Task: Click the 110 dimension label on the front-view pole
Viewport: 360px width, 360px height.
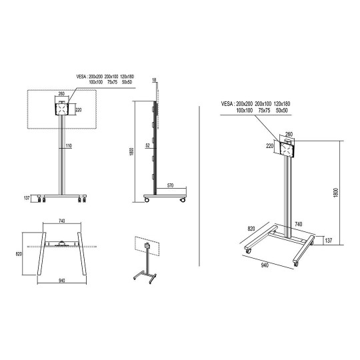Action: (69, 145)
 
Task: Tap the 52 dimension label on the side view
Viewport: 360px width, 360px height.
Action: (147, 145)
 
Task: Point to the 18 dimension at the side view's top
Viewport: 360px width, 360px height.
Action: (154, 80)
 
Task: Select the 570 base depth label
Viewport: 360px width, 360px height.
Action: (170, 185)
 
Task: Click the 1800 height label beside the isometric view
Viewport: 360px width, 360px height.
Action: (335, 193)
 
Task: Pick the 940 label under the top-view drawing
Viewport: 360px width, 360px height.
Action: (62, 280)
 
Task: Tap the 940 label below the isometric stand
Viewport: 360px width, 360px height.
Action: (265, 265)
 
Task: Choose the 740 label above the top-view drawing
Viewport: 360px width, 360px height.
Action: (62, 221)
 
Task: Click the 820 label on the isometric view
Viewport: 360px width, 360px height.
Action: (251, 229)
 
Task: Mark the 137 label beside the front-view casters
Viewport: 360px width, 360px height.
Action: (27, 198)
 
